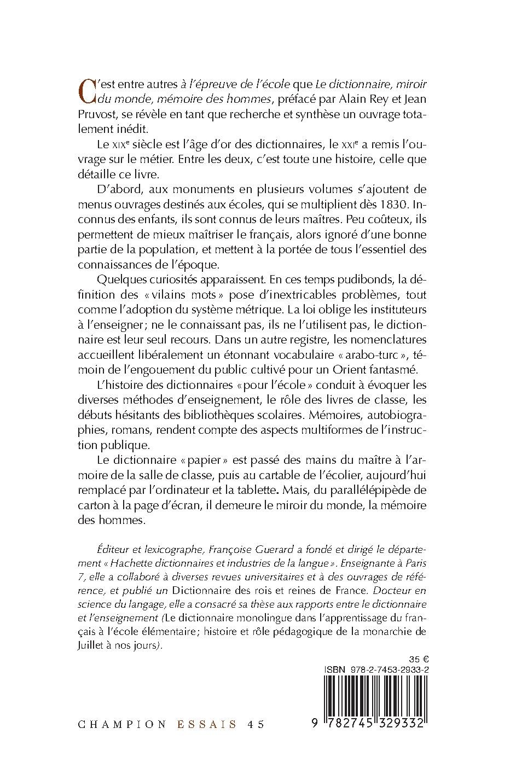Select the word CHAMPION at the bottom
(x=123, y=724)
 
